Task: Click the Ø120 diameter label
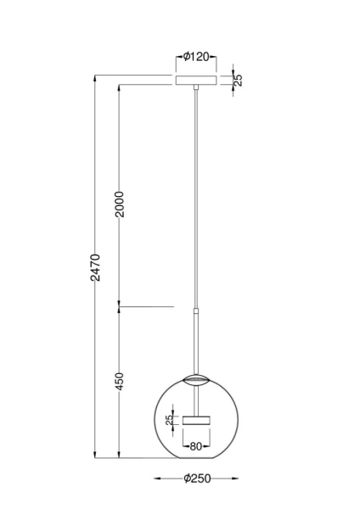coord(197,59)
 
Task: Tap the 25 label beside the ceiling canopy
coord(238,80)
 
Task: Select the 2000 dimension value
coord(120,204)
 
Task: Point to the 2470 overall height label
coord(96,268)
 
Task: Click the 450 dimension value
coord(120,382)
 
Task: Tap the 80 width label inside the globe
coord(196,445)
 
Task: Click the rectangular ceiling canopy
coord(196,81)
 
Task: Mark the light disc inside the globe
coord(196,419)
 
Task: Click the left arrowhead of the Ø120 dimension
coord(177,59)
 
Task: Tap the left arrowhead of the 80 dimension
coord(182,445)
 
